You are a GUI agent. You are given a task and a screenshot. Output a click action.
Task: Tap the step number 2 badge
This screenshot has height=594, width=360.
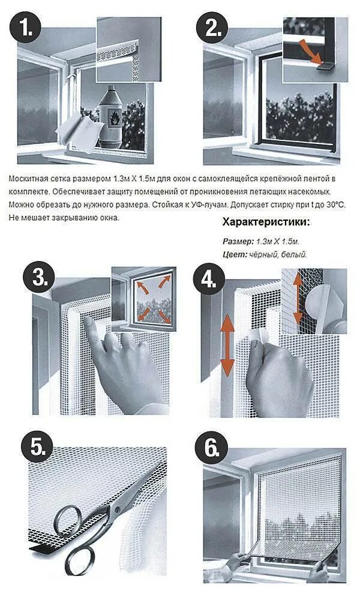click(x=211, y=27)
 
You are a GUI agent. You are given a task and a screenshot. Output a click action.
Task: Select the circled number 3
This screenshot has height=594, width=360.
click(x=40, y=277)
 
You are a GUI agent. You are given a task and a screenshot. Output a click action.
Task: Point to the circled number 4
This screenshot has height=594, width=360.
click(x=209, y=278)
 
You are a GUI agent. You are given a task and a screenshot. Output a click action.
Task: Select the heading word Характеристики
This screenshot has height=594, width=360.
click(x=266, y=222)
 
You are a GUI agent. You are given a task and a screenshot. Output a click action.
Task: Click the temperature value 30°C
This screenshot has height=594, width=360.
click(x=336, y=205)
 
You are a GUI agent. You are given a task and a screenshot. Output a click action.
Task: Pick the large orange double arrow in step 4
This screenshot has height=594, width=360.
click(x=227, y=345)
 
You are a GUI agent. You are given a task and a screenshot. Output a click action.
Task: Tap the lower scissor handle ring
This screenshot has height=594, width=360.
click(x=80, y=560)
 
